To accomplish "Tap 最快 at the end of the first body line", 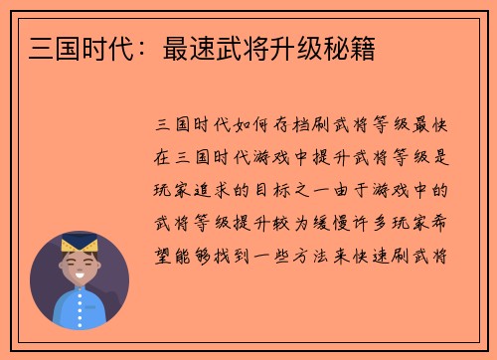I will pos(441,125).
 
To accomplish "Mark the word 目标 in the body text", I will pos(277,189).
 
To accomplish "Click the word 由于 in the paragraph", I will pos(359,189).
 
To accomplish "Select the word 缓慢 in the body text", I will pos(339,221).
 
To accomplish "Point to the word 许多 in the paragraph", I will pos(380,221).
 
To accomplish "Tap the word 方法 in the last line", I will pos(339,253).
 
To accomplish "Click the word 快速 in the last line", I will pos(401,253).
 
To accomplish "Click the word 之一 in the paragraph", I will pos(318,189).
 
